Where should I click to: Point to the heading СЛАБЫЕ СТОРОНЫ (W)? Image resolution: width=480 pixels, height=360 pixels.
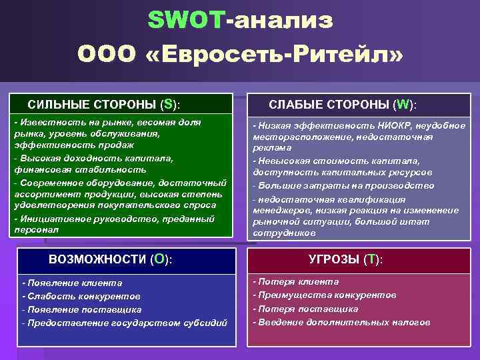[x=343, y=105]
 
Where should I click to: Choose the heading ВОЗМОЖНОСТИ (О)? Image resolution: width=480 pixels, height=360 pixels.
[x=111, y=259]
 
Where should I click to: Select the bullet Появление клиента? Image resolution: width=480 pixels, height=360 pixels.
[x=72, y=283]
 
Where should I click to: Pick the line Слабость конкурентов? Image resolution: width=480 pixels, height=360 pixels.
[x=81, y=296]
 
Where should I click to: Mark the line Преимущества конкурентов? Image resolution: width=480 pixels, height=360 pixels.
[x=324, y=295]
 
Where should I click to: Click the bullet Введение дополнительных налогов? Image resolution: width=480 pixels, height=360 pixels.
[x=341, y=323]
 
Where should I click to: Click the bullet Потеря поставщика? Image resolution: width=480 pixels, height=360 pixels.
[x=305, y=309]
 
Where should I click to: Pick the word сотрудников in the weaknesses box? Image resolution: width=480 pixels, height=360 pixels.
[x=279, y=233]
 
